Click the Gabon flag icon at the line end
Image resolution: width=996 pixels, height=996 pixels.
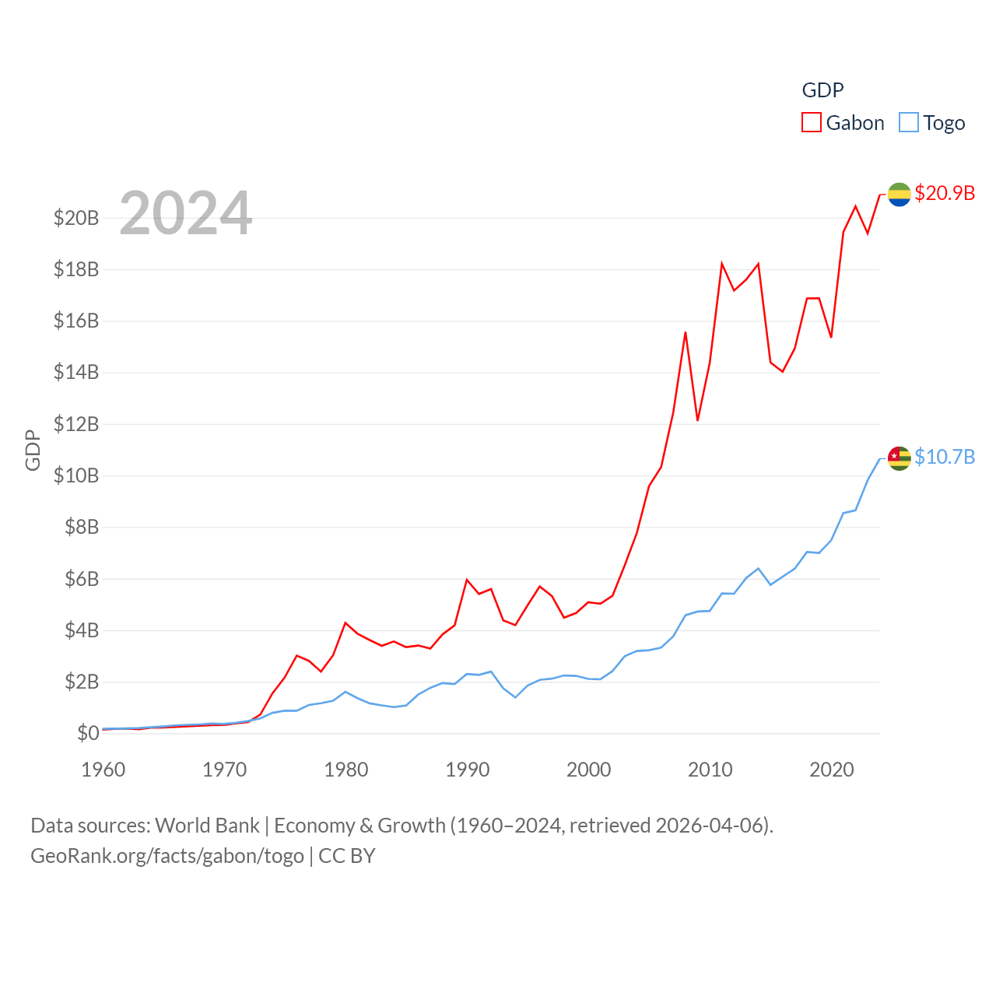[x=899, y=194]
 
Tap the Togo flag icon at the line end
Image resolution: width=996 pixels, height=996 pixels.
[x=899, y=458]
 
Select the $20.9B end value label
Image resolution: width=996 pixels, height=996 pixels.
[x=945, y=193]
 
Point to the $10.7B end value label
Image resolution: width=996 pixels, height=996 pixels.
[x=945, y=457]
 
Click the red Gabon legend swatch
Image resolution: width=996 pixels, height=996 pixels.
[x=812, y=123]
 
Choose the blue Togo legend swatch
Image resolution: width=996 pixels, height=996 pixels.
[x=908, y=123]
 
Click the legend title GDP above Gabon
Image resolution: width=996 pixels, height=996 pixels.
[x=822, y=90]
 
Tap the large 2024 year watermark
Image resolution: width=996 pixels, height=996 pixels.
[x=185, y=213]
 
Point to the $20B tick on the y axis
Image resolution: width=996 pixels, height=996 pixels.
[x=76, y=218]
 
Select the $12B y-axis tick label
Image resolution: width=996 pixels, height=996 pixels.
[x=76, y=424]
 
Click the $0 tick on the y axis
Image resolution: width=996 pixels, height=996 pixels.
[x=88, y=733]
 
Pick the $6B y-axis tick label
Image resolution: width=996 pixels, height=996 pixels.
[x=82, y=579]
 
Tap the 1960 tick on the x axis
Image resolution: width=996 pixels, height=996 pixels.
[x=103, y=770]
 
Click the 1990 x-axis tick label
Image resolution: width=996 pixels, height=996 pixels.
[x=468, y=770]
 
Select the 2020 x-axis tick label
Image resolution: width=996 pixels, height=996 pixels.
[x=832, y=770]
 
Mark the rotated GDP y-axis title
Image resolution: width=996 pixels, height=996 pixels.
[x=33, y=450]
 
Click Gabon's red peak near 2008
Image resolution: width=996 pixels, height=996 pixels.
[x=686, y=332]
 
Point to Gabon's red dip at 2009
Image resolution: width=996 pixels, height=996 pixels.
[x=698, y=420]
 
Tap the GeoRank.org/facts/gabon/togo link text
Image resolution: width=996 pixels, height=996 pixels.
[x=167, y=856]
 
